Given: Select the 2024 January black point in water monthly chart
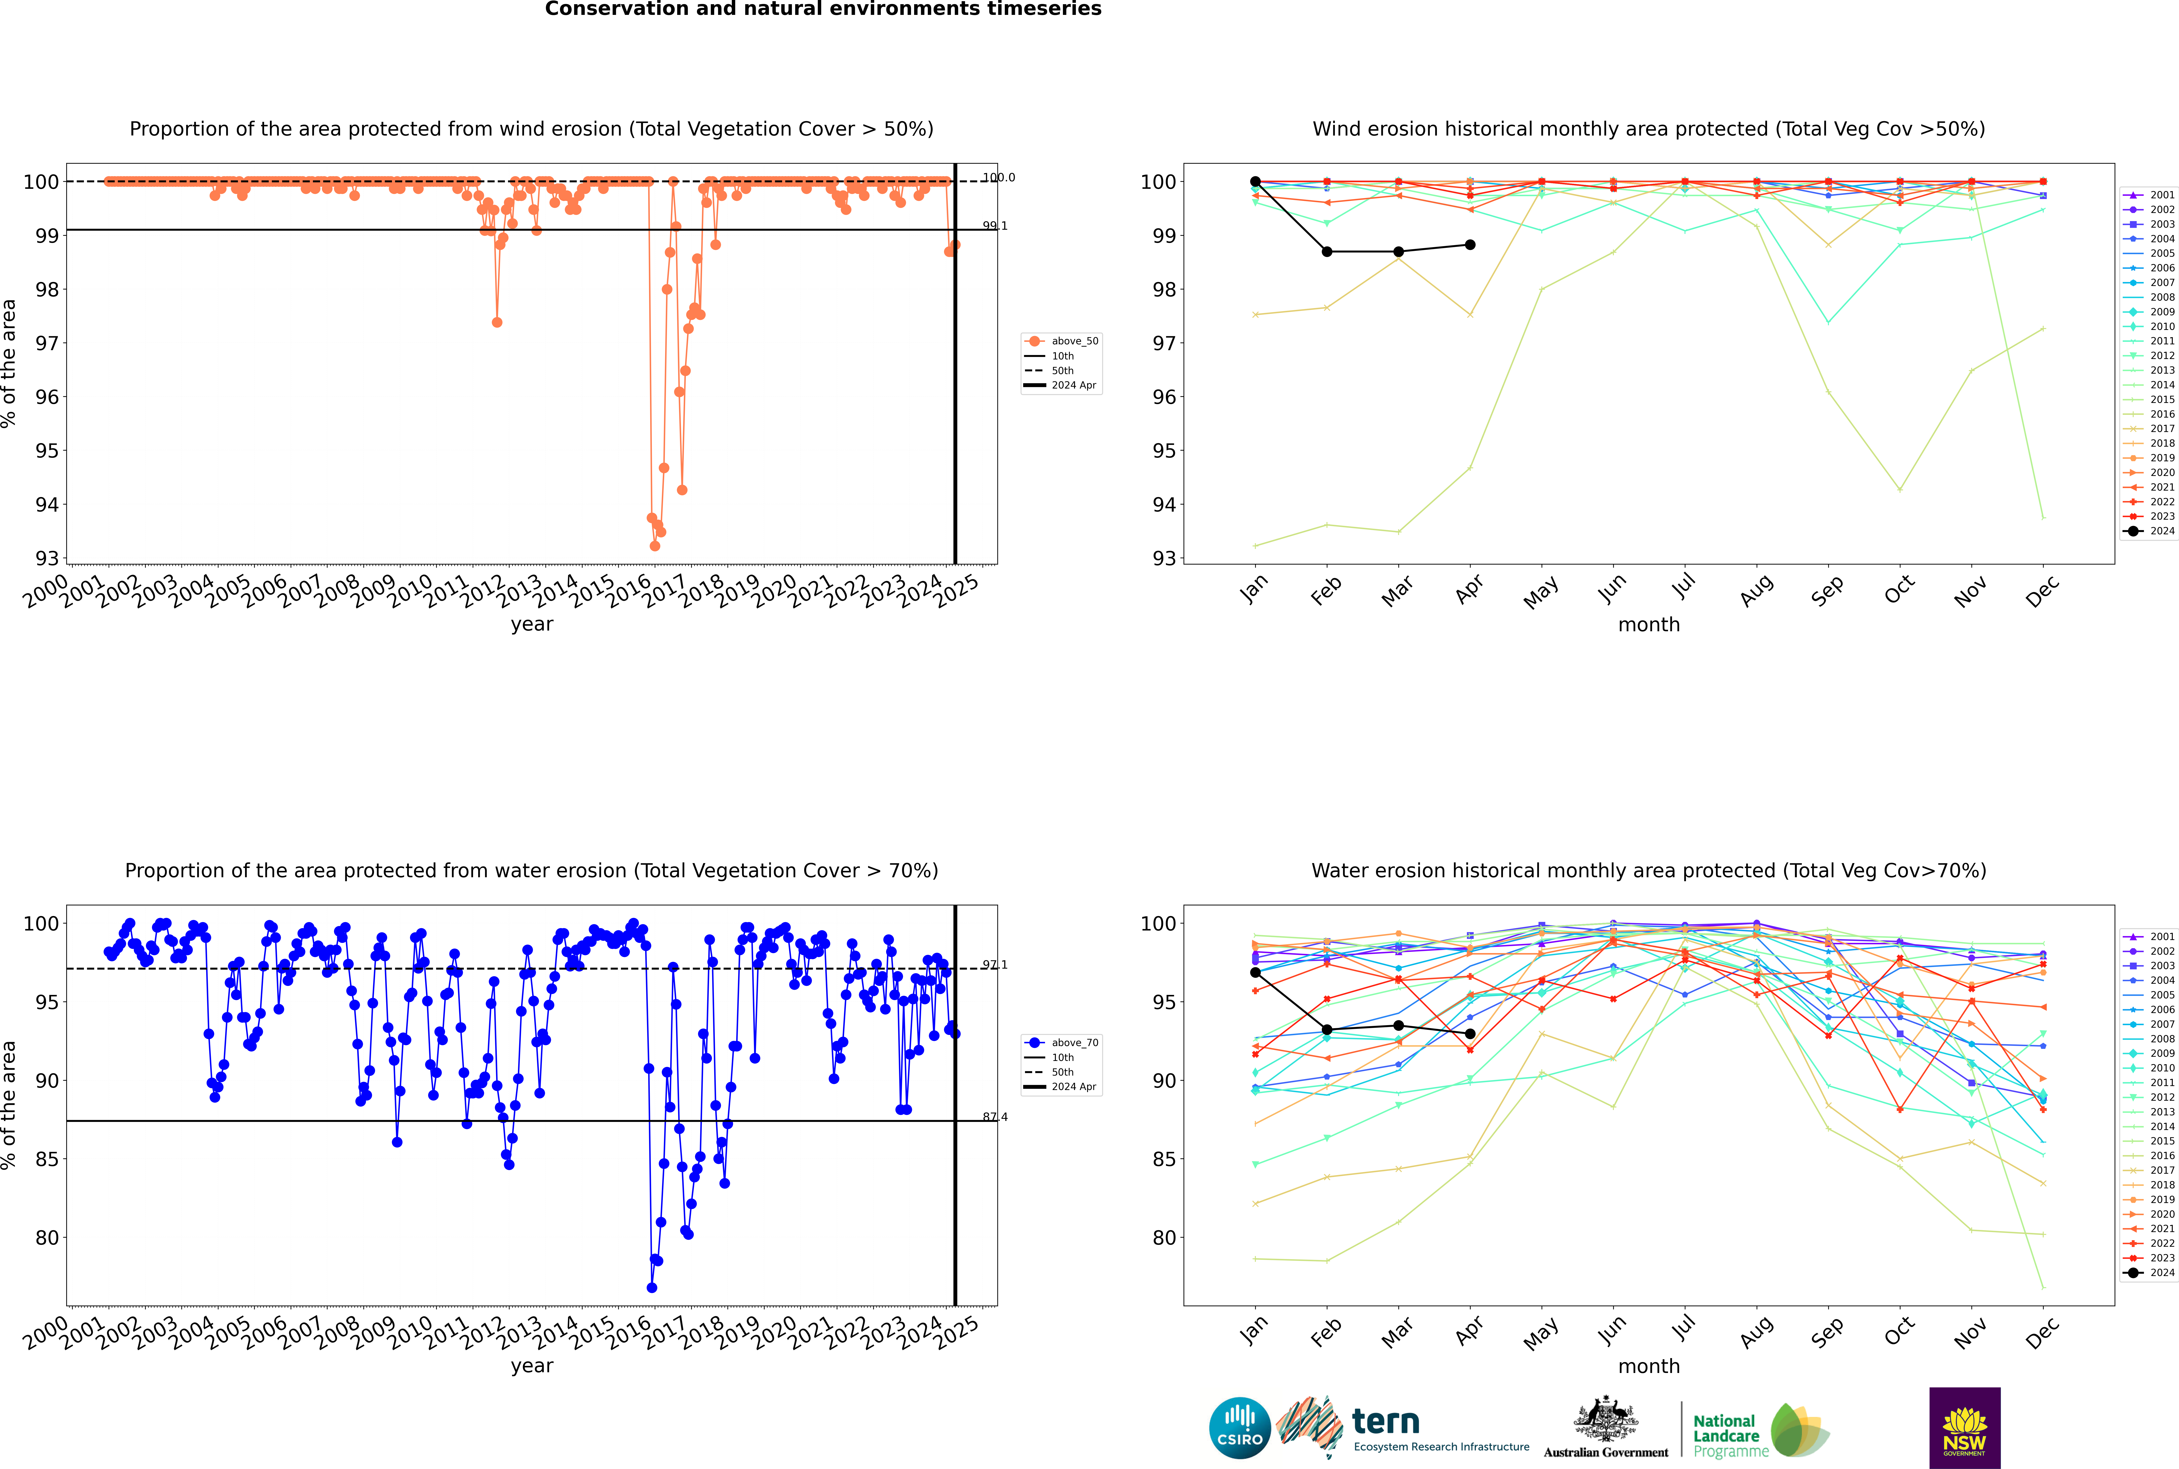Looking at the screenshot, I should coord(1255,972).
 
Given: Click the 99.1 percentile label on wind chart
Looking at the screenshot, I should coord(995,226).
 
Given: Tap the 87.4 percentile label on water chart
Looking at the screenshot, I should coord(995,1117).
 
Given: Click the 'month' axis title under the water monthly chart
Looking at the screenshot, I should coord(1649,1366).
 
